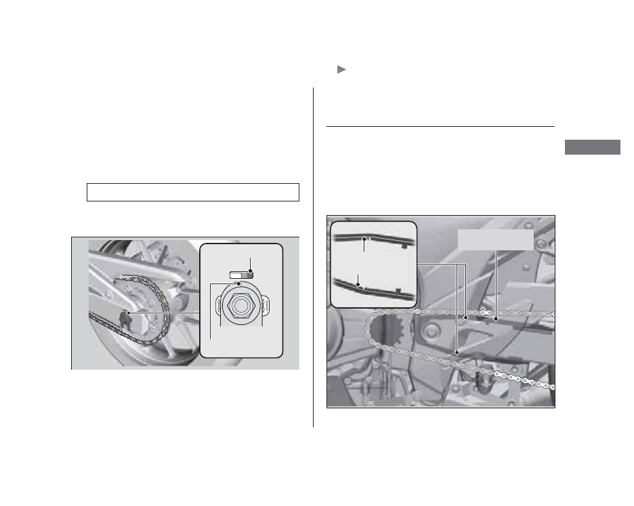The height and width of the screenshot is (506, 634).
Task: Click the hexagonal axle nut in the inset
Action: coord(241,307)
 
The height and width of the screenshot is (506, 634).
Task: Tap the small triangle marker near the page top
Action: coord(341,70)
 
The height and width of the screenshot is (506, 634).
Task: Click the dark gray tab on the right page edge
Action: coord(591,147)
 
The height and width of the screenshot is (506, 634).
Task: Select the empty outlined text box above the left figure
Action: coord(193,192)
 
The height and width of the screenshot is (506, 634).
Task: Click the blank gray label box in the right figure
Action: coord(496,239)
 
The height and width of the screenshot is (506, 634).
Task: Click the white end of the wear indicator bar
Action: coord(234,274)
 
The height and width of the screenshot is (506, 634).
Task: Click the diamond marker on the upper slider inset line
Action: coord(364,239)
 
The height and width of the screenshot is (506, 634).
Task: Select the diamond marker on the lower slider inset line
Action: coord(358,285)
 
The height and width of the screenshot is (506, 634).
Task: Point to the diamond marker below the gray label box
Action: coord(496,317)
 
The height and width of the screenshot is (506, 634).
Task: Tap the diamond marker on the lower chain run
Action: coord(457,353)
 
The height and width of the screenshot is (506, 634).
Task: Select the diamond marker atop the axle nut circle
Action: coord(238,285)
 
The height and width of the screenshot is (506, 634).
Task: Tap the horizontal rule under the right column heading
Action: coord(440,126)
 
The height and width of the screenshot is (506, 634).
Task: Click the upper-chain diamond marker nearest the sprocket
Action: coord(466,317)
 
